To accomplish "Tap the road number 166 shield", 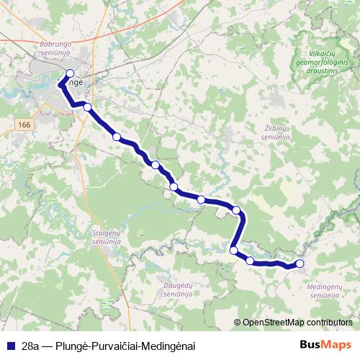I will coord(25,125).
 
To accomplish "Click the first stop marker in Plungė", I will coord(70,73).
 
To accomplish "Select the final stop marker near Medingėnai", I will coord(300,264).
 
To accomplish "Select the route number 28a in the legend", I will coord(30,346).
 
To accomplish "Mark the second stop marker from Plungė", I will coord(88,107).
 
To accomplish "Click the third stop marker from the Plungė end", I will coord(117,136).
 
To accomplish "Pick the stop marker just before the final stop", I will coord(250,261).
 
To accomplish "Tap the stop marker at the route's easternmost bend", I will coord(236,210).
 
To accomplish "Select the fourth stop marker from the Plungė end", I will coord(156,165).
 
